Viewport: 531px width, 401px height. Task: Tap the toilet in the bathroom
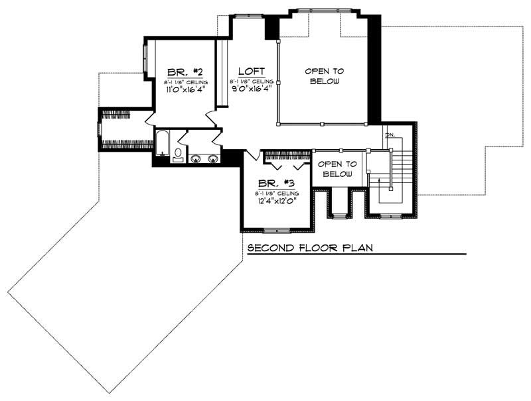pyautogui.click(x=178, y=154)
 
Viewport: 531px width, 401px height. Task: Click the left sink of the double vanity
pyautogui.click(x=196, y=158)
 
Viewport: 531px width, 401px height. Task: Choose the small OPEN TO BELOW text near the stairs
pyautogui.click(x=339, y=169)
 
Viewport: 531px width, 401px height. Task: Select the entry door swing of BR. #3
pyautogui.click(x=252, y=157)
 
